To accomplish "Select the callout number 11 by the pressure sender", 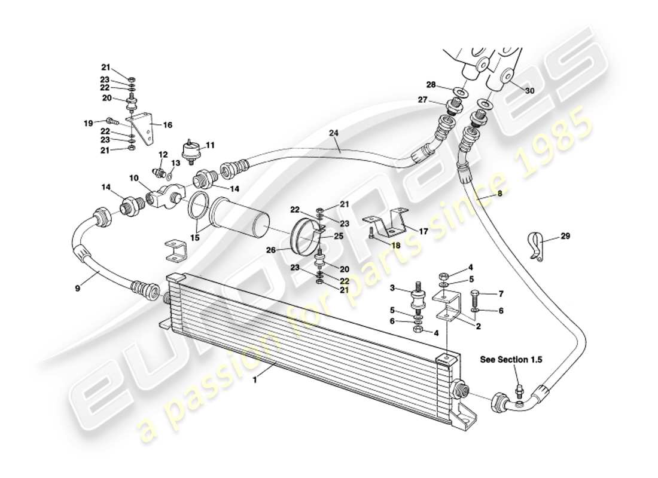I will coord(210,145).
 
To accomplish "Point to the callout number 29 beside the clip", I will coord(565,236).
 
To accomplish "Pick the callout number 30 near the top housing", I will coord(529,91).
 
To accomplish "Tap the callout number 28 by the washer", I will coord(431,84).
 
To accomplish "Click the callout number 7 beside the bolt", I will coord(501,293).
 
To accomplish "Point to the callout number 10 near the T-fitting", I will coord(133,178).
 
